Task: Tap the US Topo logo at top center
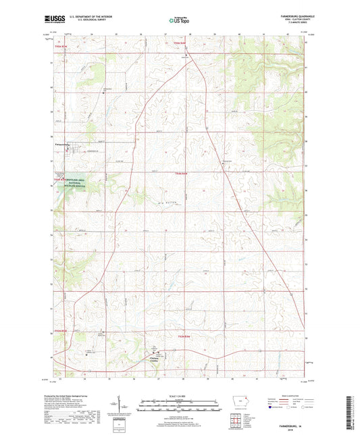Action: click(x=177, y=20)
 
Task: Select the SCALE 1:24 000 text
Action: click(x=180, y=394)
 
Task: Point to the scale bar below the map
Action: click(x=180, y=403)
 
